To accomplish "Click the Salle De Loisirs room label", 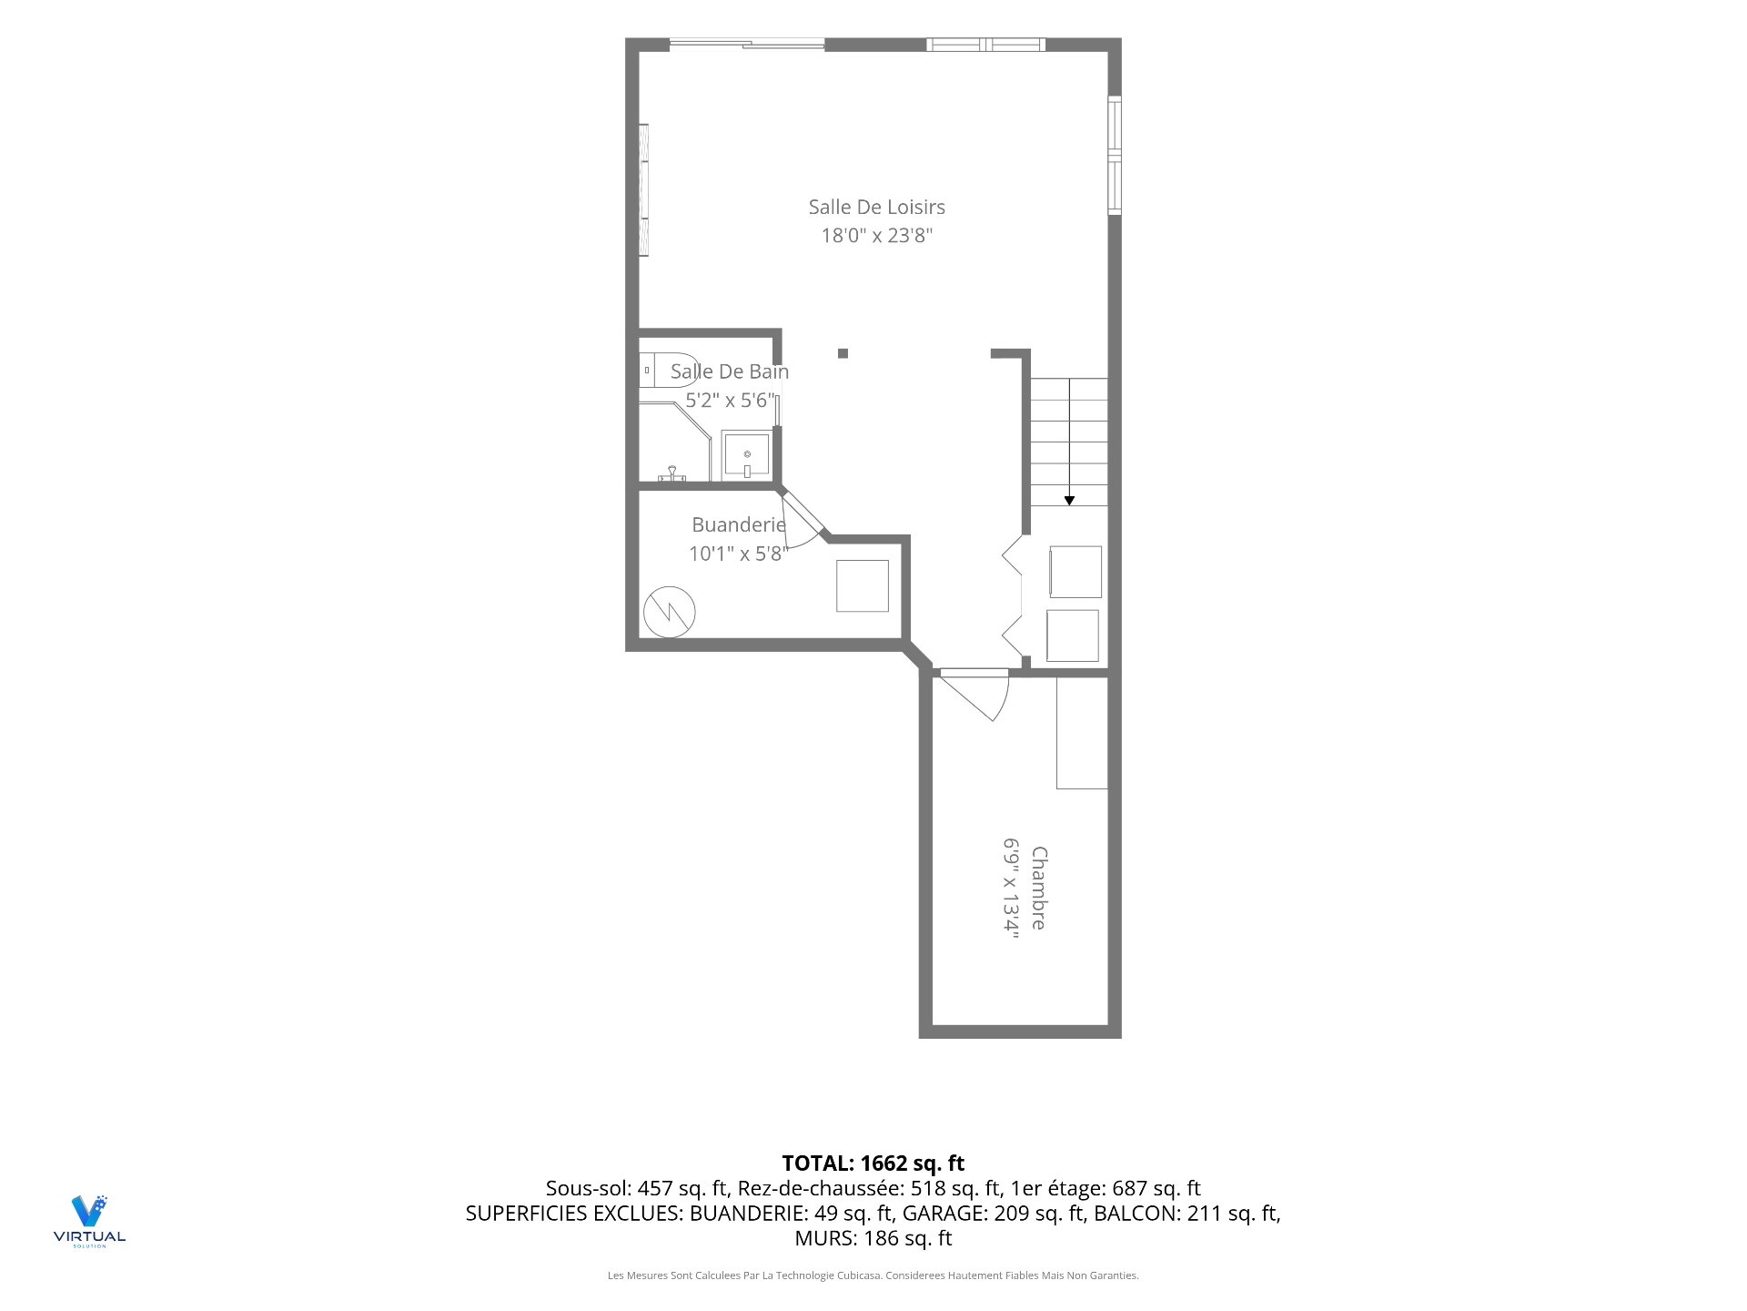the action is [x=876, y=208].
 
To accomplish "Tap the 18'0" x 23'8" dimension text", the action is [x=876, y=236].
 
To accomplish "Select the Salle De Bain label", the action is [x=729, y=371].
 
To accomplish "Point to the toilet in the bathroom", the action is [x=667, y=370].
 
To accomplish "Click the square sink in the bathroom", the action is [x=746, y=455].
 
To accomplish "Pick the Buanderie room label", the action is [x=738, y=524].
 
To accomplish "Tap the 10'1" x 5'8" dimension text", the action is [x=738, y=554].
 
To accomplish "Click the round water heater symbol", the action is [x=669, y=612].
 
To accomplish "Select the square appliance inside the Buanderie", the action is [x=863, y=585].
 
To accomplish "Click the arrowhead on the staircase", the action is [x=1069, y=500].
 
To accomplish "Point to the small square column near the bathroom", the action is [x=843, y=353].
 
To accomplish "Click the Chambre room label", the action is [x=1038, y=889].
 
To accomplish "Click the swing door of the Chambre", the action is [x=975, y=694].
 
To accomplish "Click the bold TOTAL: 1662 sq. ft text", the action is [x=873, y=1164].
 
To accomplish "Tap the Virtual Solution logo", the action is [x=89, y=1221].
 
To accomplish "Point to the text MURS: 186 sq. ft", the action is [x=873, y=1238].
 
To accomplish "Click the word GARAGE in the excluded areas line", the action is [x=941, y=1214].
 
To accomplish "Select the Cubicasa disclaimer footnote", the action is [x=873, y=1275].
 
